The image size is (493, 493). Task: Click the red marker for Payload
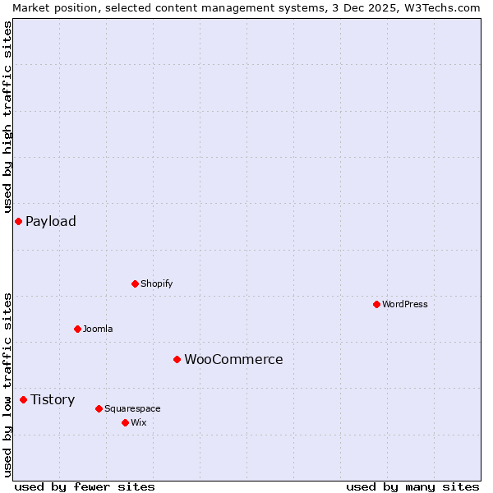click(x=18, y=221)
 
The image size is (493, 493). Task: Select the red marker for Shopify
click(x=135, y=283)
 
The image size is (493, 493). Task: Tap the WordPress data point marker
click(x=376, y=304)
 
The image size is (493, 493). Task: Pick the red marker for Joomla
click(x=77, y=329)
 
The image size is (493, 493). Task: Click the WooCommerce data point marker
click(x=177, y=359)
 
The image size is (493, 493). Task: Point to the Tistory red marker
click(x=23, y=399)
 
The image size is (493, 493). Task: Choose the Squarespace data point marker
click(x=99, y=408)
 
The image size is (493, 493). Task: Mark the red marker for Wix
click(x=125, y=422)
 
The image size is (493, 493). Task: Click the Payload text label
click(x=51, y=221)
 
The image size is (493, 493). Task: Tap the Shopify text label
click(x=156, y=283)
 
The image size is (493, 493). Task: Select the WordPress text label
click(x=405, y=304)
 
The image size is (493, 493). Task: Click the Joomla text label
click(x=98, y=329)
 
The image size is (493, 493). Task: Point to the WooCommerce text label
click(x=233, y=359)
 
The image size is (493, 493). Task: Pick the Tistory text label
click(x=53, y=399)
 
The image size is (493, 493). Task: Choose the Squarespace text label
click(x=132, y=408)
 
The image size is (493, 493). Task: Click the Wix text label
click(x=138, y=422)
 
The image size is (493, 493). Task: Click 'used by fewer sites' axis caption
click(x=85, y=486)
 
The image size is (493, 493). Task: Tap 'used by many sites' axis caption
click(x=412, y=486)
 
